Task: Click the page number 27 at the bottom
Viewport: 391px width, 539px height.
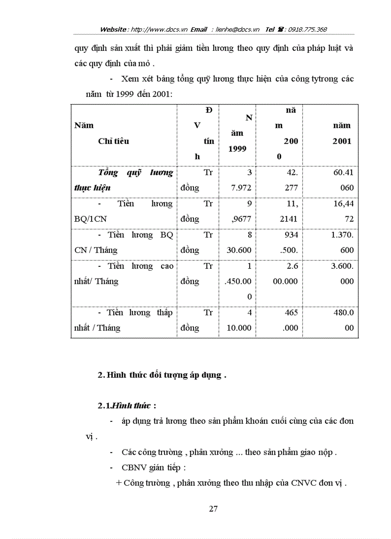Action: point(214,509)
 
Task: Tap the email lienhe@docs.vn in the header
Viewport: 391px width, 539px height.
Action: point(238,29)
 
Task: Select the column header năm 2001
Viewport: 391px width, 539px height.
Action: point(342,133)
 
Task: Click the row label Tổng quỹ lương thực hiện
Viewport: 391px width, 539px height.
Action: point(124,180)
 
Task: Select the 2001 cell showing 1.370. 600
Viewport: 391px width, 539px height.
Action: point(342,242)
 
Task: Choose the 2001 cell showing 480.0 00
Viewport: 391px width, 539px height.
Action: point(342,320)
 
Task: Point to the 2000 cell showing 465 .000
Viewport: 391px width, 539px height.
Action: point(287,320)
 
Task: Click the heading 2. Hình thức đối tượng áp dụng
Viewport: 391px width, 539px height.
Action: point(161,375)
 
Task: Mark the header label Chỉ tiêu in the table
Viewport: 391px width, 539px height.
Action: point(114,141)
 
